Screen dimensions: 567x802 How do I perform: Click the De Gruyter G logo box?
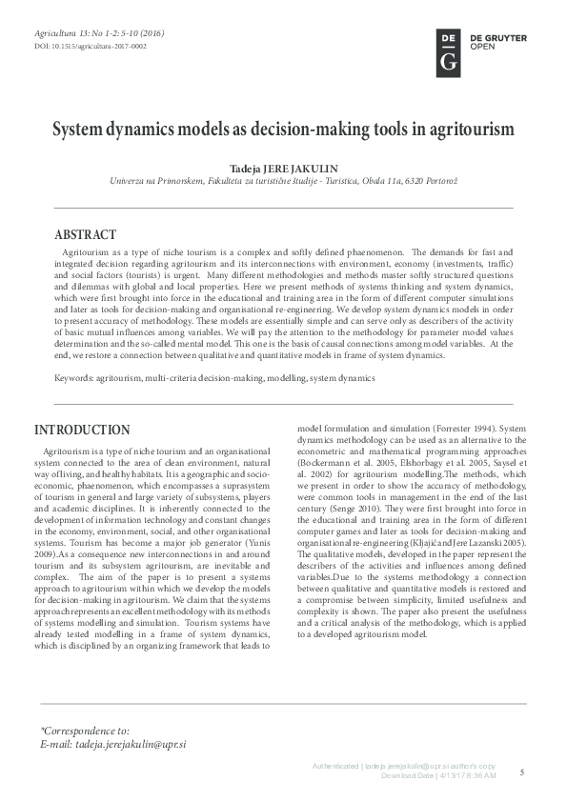coord(448,51)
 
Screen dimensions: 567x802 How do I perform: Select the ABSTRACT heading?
coord(85,234)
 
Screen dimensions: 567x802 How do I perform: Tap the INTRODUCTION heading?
coord(82,431)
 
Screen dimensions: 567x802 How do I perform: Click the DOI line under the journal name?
coord(91,45)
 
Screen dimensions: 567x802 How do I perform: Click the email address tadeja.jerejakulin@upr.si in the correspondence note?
coord(130,742)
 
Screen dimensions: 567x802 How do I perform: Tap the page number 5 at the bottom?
coord(522,772)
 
